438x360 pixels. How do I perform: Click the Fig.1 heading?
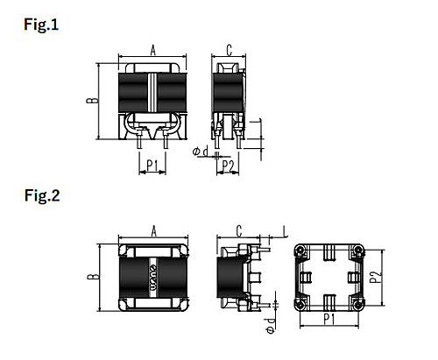[x=41, y=25]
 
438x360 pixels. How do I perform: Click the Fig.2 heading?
[x=42, y=195]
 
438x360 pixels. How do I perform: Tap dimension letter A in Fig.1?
[x=153, y=50]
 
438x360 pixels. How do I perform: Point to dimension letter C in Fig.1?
[x=230, y=50]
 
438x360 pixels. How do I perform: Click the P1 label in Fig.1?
[x=152, y=166]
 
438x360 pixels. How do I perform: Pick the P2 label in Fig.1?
[x=228, y=166]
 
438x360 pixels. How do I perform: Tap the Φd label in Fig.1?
[x=201, y=152]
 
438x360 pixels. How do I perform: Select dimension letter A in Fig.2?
[x=153, y=231]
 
